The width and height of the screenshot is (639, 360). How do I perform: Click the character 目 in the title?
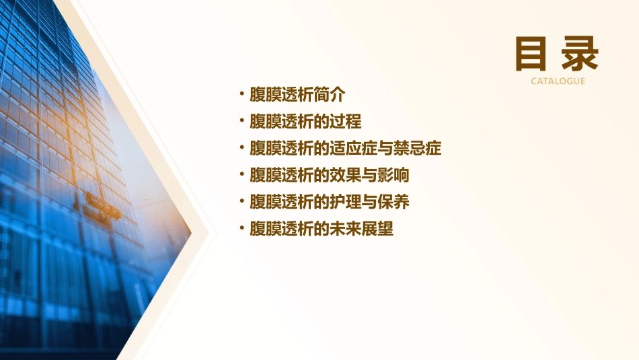531,55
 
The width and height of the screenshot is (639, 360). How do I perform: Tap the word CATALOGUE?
558,81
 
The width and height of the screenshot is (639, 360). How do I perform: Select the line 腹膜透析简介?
297,95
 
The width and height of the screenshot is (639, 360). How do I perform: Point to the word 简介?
329,95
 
